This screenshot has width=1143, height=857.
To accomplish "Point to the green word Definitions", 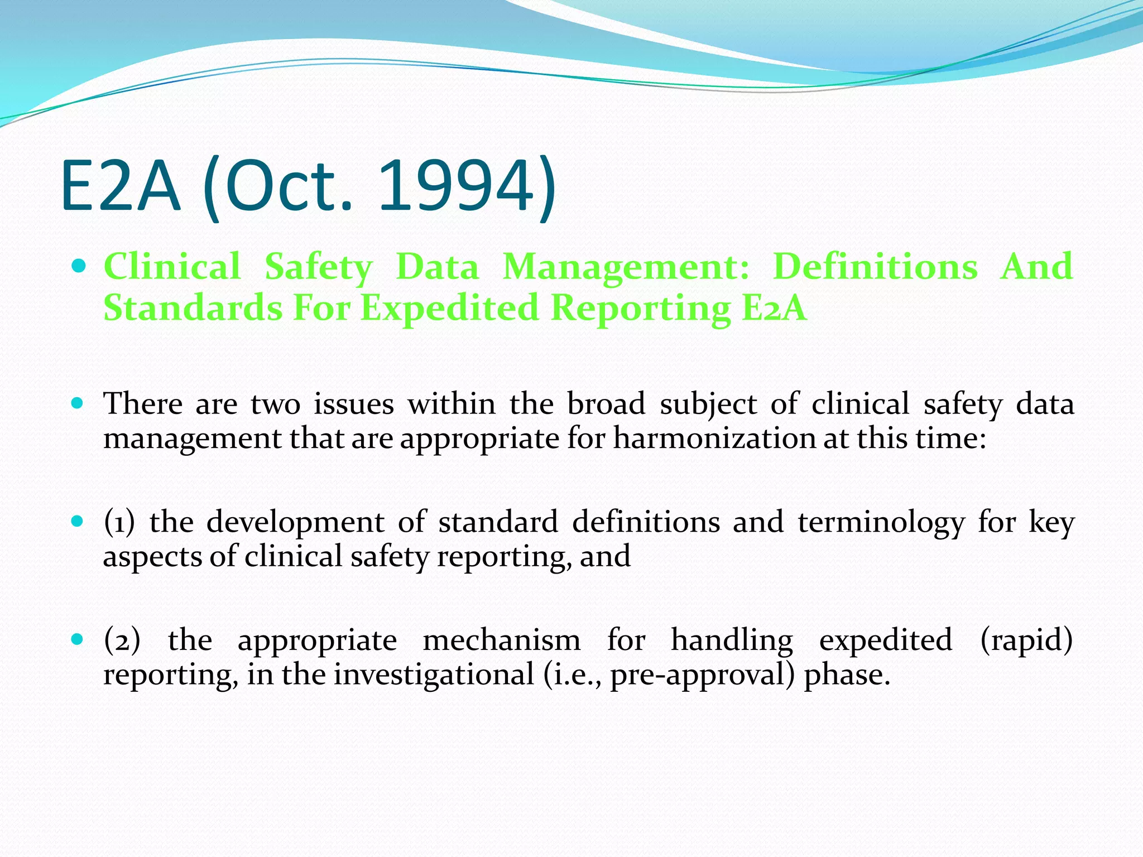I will (875, 266).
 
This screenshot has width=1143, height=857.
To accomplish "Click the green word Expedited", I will (450, 308).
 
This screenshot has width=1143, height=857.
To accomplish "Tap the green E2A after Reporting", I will (774, 308).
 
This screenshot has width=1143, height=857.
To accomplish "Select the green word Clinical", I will (172, 266).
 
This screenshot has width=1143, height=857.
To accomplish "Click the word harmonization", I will (714, 438).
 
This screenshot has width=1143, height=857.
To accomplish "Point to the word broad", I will (606, 403).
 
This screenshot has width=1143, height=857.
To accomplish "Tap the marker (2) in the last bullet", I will (122, 640).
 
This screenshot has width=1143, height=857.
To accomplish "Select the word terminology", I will (881, 523).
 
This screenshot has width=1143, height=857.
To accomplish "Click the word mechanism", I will (501, 640).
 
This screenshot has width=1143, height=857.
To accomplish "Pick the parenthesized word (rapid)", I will (1026, 640).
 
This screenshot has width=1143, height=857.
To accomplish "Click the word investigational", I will (434, 675).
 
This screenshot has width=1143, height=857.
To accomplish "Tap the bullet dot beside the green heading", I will (79, 266).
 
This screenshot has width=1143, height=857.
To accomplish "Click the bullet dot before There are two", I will (79, 403).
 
